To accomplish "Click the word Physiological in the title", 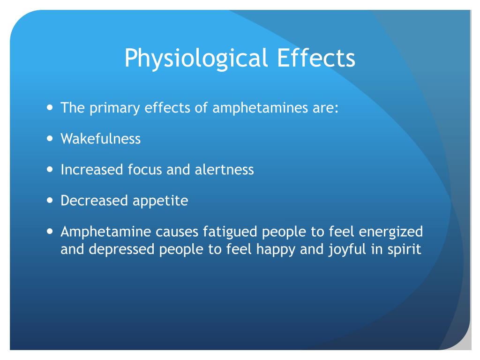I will point(196,59).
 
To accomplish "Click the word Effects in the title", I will point(315,58).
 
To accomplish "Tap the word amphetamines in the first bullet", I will point(252,108).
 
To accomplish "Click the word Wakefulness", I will point(100,139).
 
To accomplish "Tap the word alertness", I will point(224,169).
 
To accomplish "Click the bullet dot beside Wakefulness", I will point(51,139).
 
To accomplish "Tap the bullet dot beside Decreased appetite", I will point(51,201).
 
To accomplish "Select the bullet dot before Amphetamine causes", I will point(51,232).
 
